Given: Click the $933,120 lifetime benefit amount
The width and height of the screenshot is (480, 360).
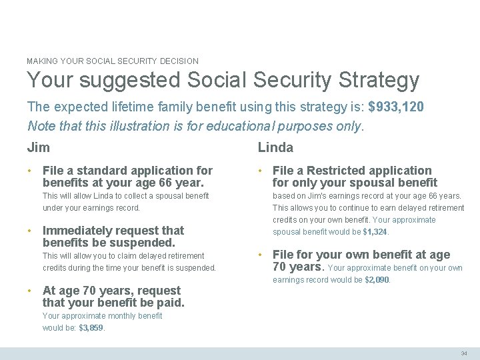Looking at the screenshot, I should (x=396, y=107).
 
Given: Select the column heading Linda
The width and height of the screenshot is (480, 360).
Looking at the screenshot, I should (x=275, y=147).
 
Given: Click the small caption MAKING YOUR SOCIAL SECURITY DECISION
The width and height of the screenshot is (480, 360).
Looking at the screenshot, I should (x=113, y=61).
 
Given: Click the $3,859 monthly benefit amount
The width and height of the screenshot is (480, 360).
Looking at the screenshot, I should (x=91, y=328).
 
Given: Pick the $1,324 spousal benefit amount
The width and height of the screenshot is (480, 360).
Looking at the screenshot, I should (x=375, y=232).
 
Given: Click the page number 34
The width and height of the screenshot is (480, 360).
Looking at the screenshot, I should (x=464, y=353).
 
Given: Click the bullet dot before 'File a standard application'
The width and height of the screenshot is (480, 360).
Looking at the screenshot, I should (x=30, y=171).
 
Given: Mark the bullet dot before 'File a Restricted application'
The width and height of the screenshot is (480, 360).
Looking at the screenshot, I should (x=261, y=171).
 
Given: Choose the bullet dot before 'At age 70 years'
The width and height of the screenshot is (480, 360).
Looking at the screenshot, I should (x=30, y=291).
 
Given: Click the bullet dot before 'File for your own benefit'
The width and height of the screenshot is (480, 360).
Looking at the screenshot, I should (x=261, y=255).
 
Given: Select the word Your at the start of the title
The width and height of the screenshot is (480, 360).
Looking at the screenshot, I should (x=45, y=81).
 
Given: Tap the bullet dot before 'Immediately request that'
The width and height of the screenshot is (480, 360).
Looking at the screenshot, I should (x=30, y=231).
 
